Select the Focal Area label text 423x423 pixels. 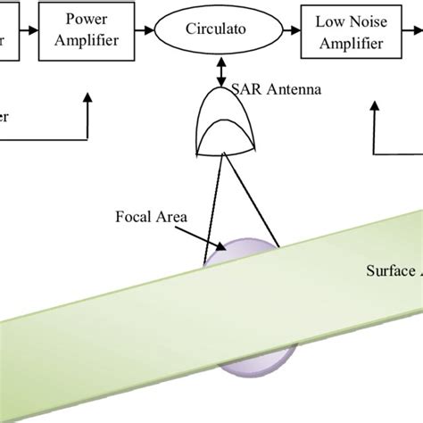[x=148, y=215]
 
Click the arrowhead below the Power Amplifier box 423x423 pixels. [x=87, y=103]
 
